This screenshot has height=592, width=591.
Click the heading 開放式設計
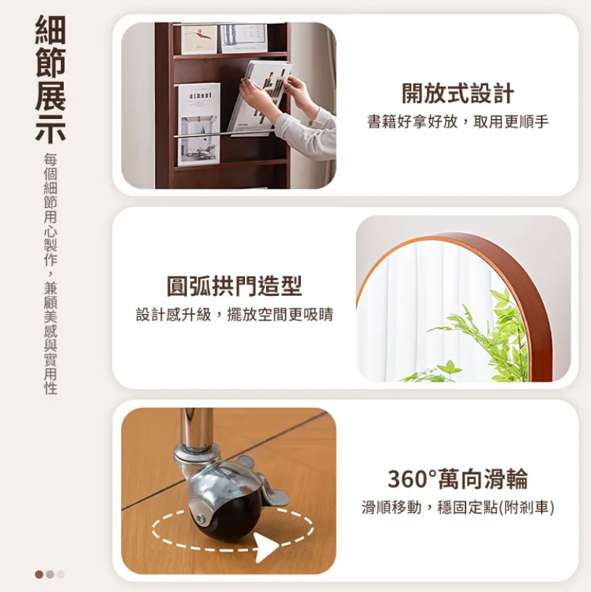[x=458, y=94]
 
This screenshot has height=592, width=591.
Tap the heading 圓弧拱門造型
[x=234, y=286]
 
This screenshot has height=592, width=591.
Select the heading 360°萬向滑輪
[x=458, y=479]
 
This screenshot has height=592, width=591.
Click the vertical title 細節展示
[x=50, y=79]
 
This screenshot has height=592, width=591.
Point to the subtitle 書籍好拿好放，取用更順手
[x=458, y=122]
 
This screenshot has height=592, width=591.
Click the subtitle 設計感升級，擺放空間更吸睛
[x=234, y=315]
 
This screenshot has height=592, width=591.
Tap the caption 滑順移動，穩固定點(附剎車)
[x=458, y=507]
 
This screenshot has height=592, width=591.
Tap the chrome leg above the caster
[x=197, y=427]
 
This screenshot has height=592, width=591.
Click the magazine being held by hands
[x=260, y=97]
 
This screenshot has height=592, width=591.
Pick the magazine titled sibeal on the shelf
[x=199, y=124]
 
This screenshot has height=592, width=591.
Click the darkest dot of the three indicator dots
[x=39, y=575]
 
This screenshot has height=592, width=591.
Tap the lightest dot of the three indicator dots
[x=61, y=575]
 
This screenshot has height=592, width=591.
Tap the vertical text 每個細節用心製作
[x=50, y=210]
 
